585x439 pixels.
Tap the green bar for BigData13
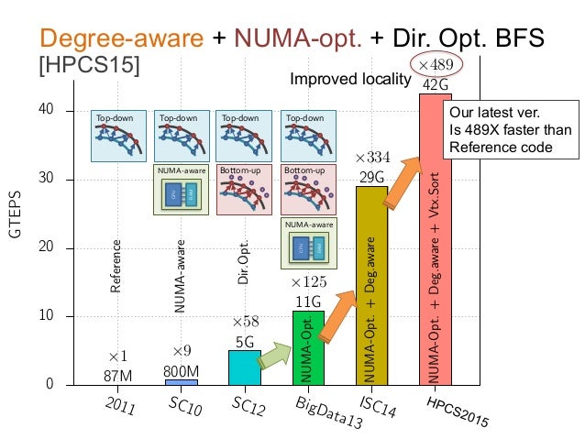(308, 347)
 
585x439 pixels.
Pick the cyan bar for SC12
(245, 368)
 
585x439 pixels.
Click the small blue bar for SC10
(182, 381)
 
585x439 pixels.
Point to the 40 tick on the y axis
(47, 111)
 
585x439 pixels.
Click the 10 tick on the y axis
(47, 316)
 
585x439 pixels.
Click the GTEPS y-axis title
(15, 217)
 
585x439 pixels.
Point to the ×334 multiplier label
(372, 158)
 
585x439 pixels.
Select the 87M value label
(117, 374)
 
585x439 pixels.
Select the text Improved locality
(348, 80)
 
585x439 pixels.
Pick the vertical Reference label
(116, 266)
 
